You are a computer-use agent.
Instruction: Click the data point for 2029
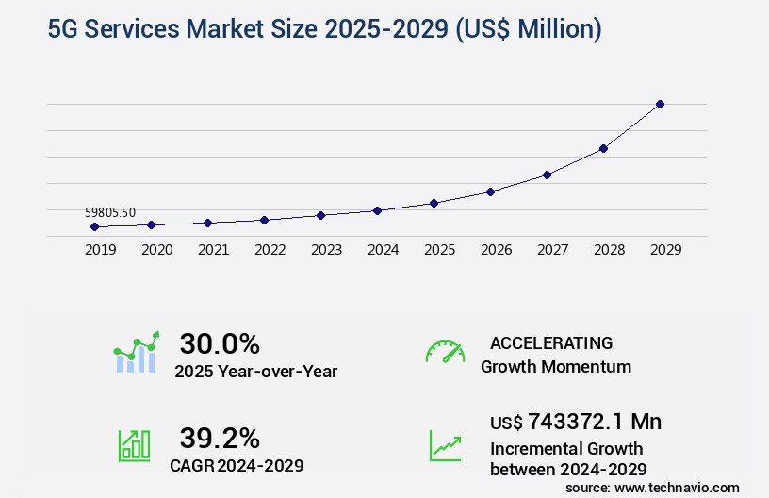(660, 104)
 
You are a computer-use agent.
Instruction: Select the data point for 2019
(94, 226)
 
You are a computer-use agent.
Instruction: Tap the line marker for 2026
(490, 191)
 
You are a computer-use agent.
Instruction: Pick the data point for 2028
(603, 148)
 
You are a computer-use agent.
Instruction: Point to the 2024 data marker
(377, 210)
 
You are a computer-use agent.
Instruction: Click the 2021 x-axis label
(213, 250)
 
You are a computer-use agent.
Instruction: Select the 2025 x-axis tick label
(439, 250)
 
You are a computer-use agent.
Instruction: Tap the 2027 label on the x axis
(552, 250)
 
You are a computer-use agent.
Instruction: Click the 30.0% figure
(220, 343)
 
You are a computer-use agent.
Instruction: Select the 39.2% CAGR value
(220, 438)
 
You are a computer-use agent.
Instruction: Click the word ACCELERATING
(551, 342)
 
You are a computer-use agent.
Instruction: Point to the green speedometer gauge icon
(445, 352)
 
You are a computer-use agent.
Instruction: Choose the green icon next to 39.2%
(133, 444)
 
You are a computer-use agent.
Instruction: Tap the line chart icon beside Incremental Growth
(445, 444)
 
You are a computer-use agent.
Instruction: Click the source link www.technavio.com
(677, 487)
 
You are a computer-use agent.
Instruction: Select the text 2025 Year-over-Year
(255, 371)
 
